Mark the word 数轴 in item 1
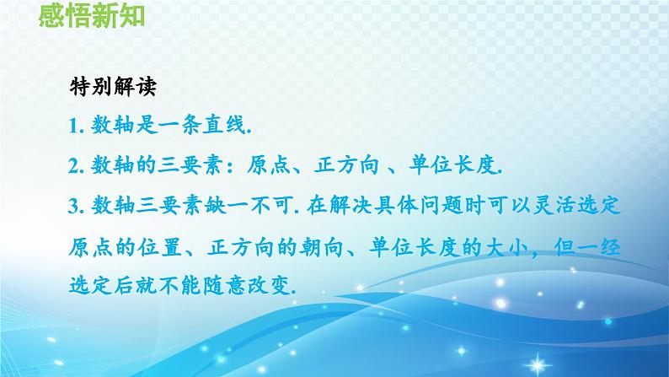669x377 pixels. tap(109, 126)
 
